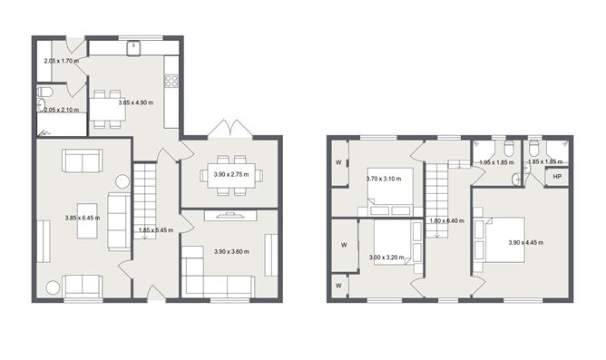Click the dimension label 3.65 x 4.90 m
135,104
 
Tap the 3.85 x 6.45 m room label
82,218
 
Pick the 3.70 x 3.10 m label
383,179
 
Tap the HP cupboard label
557,177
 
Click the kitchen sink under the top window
134,46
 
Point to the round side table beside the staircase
122,181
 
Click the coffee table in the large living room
87,218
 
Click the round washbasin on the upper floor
517,180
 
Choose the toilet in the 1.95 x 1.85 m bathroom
509,150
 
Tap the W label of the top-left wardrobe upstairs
337,164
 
